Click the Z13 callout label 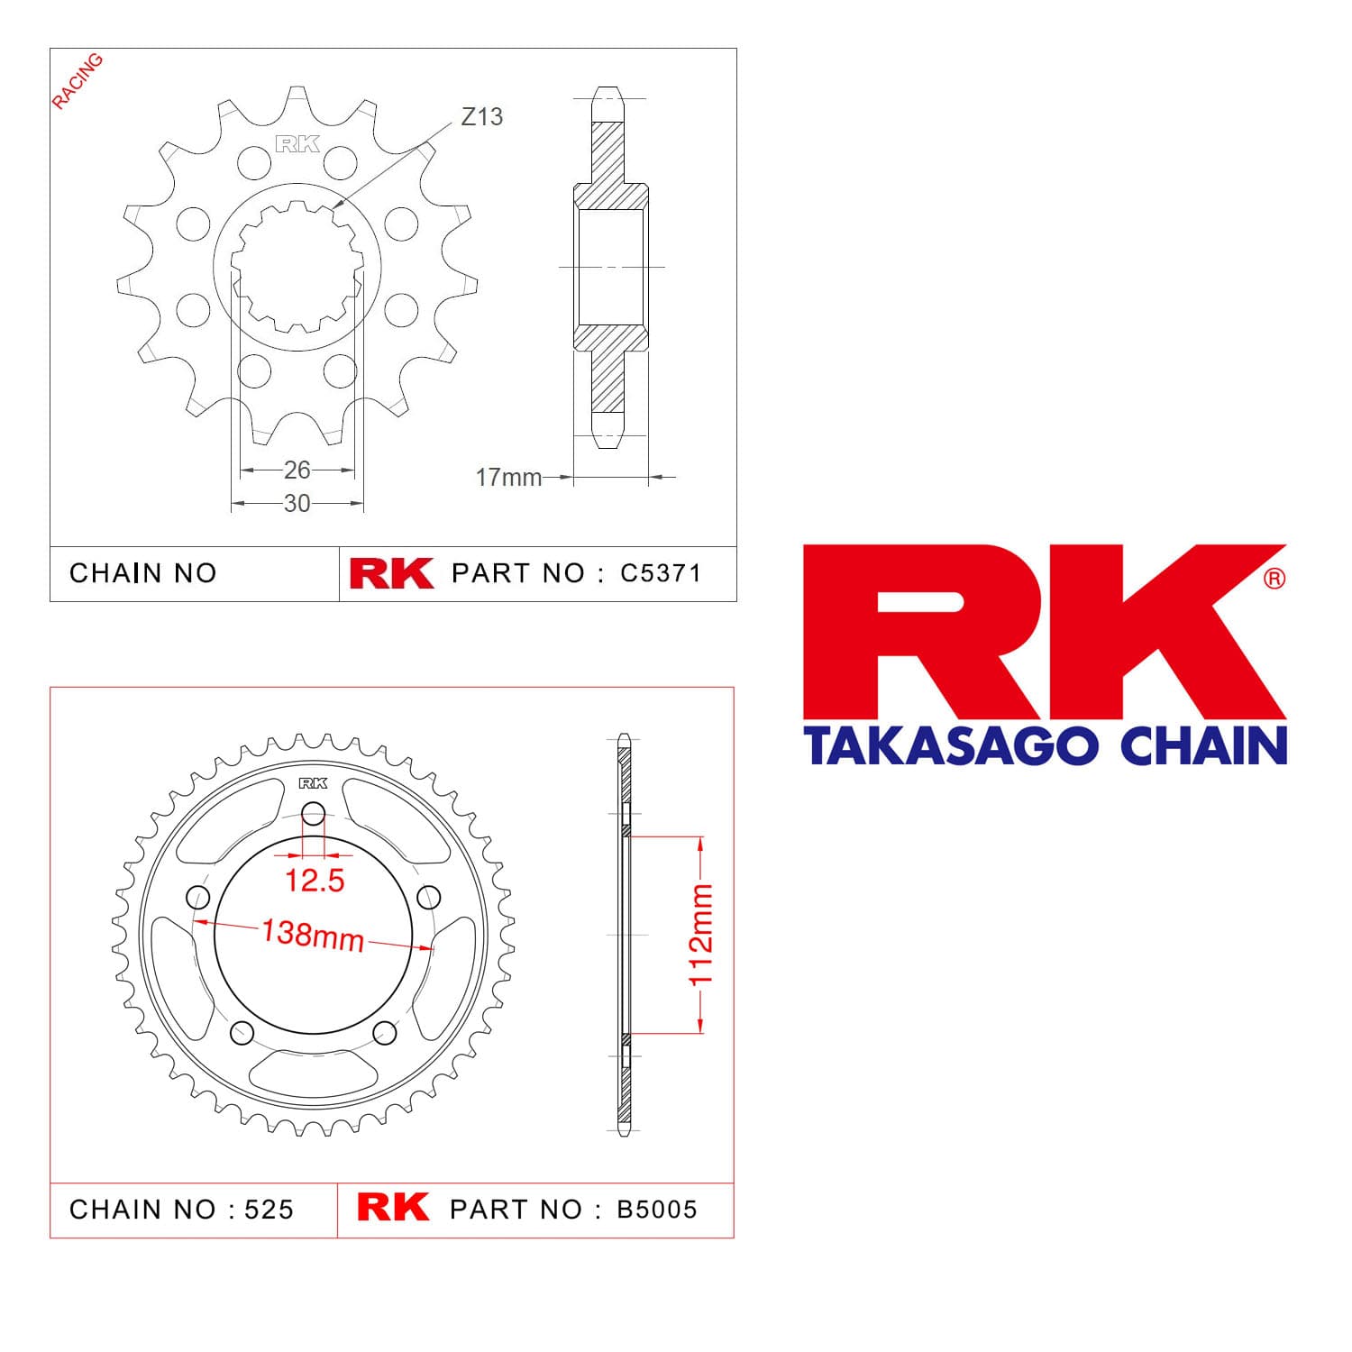coord(481,116)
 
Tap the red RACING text coord(78,81)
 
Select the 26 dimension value coord(297,470)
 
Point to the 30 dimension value coord(297,503)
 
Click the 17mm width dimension coord(508,477)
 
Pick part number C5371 coord(661,573)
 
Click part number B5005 coord(657,1210)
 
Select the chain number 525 coord(269,1210)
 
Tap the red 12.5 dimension coord(315,881)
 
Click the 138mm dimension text coord(313,934)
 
